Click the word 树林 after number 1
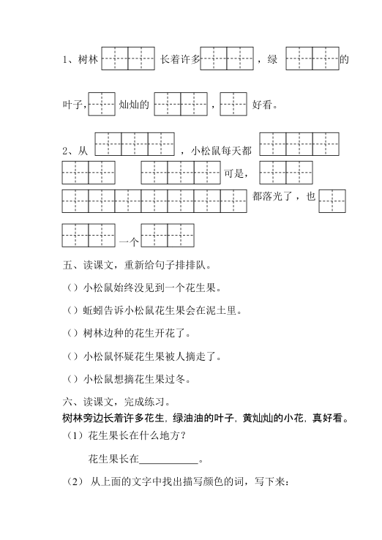[88, 60]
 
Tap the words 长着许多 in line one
[179, 60]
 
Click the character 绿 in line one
[272, 60]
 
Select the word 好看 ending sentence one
[264, 105]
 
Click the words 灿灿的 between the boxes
[134, 105]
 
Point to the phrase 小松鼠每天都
[221, 151]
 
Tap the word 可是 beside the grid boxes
[236, 174]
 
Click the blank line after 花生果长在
[168, 460]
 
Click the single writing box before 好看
[233, 105]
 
